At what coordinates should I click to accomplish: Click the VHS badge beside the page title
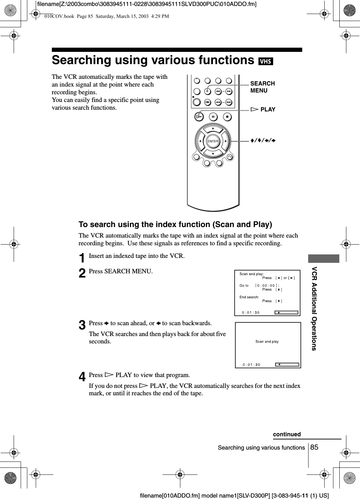pyautogui.click(x=265, y=61)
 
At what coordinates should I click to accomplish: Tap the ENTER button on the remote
pyautogui.click(x=213, y=141)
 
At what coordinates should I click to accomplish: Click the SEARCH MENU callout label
pyautogui.click(x=262, y=87)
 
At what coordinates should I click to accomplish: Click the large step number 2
pyautogui.click(x=82, y=273)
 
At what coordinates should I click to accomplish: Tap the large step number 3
pyautogui.click(x=82, y=325)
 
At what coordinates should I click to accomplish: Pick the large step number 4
pyautogui.click(x=82, y=377)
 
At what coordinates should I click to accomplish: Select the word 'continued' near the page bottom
pyautogui.click(x=287, y=435)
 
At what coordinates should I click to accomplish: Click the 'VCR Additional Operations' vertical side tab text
pyautogui.click(x=314, y=308)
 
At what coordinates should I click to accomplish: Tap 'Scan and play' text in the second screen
pyautogui.click(x=267, y=341)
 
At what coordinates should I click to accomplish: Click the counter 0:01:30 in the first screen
pyautogui.click(x=251, y=313)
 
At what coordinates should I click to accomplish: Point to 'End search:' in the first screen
pyautogui.click(x=249, y=297)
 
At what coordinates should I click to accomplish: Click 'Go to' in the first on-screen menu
pyautogui.click(x=244, y=286)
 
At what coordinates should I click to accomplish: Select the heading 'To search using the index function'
pyautogui.click(x=175, y=224)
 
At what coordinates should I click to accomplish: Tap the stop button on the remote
pyautogui.click(x=227, y=116)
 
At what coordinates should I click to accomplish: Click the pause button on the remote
pyautogui.click(x=213, y=116)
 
